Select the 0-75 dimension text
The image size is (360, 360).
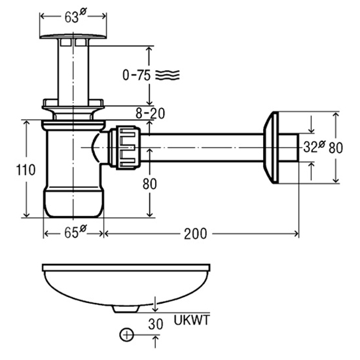point(136,75)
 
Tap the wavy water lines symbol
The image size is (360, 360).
point(168,75)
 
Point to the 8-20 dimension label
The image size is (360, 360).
point(150,113)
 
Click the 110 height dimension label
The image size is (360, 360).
point(26,170)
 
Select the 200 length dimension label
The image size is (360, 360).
point(196,234)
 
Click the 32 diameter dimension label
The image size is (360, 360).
point(314,147)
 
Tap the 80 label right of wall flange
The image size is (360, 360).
point(336,148)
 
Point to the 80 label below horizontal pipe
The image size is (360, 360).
point(149,184)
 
